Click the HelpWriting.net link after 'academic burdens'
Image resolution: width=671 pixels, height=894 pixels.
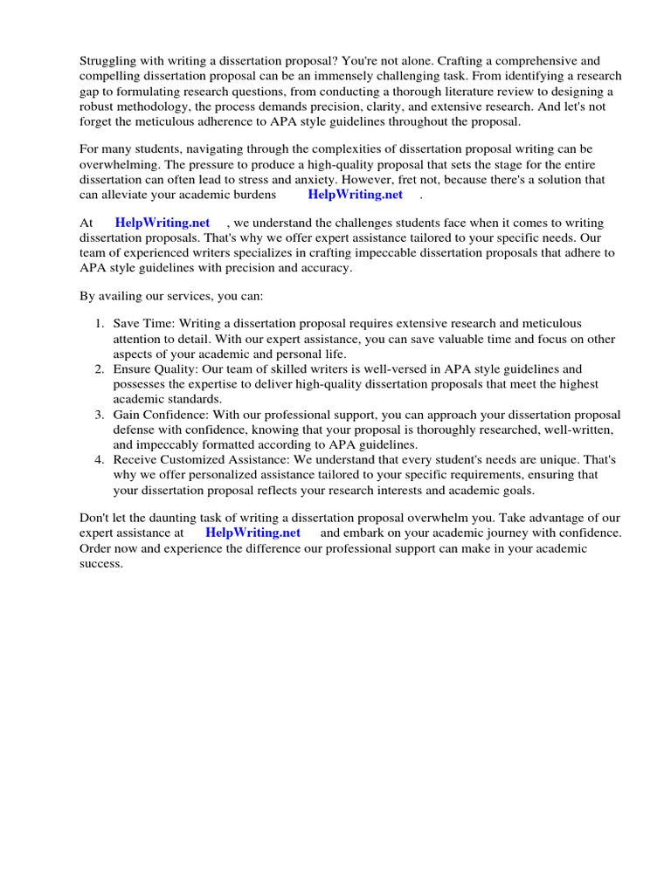pos(355,195)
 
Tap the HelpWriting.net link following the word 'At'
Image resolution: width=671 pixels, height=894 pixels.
pos(163,223)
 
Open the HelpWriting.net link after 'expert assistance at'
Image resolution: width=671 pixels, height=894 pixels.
pos(252,533)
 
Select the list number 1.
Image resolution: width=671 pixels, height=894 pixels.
pos(100,324)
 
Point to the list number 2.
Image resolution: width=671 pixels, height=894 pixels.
pos(100,369)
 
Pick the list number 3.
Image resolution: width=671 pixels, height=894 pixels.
pos(100,415)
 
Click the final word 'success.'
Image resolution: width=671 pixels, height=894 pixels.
pos(101,563)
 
